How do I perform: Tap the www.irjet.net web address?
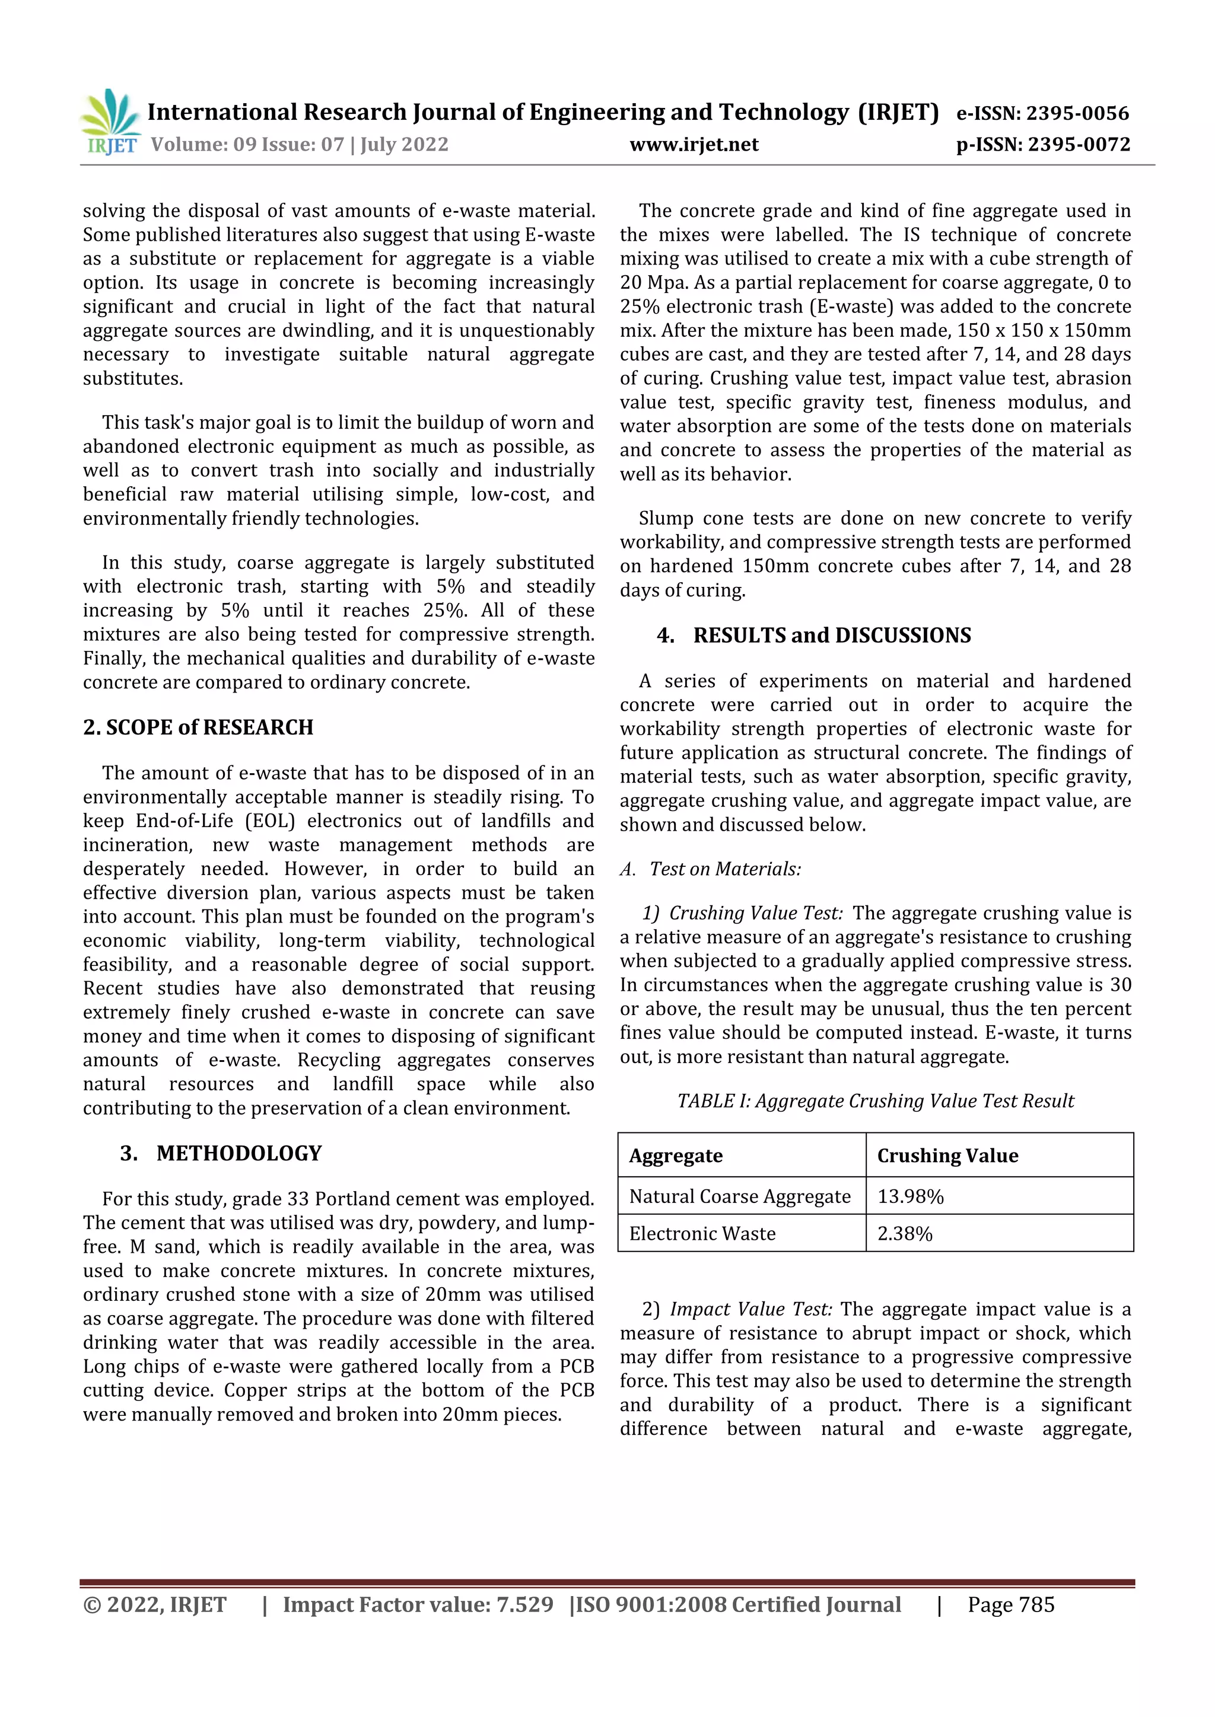coord(694,144)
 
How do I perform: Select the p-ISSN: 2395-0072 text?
coord(1043,144)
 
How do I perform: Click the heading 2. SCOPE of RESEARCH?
coord(198,727)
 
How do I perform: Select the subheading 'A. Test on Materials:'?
coord(711,869)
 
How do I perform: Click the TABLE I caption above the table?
coord(875,1101)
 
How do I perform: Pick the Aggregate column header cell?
coord(676,1156)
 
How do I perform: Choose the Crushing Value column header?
coord(947,1156)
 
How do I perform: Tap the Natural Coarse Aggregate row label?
coord(739,1196)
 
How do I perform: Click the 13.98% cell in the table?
coord(911,1196)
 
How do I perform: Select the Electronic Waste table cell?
coord(702,1233)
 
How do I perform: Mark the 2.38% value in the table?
coord(905,1233)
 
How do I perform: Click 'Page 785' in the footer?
coord(1011,1605)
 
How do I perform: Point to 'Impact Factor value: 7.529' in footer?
coord(418,1605)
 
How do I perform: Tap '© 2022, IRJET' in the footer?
coord(155,1605)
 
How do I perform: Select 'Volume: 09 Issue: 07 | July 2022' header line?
coord(299,144)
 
